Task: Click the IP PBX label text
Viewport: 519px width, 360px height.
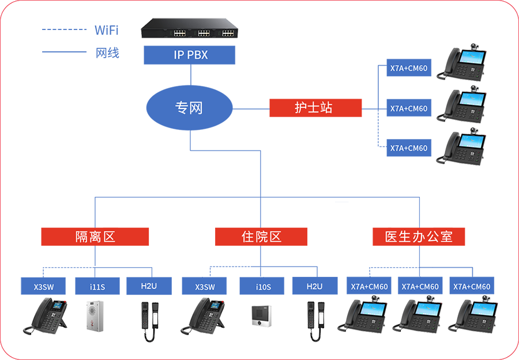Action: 190,56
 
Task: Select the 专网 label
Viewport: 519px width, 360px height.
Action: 189,108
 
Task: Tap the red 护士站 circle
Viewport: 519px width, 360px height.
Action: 313,108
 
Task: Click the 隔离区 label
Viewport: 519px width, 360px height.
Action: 96,237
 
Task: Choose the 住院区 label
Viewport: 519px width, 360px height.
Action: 261,237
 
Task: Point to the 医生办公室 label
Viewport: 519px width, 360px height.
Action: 419,237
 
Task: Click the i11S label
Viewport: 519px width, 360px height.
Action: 97,287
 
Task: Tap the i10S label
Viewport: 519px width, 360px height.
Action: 264,287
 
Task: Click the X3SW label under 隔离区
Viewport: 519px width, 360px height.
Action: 43,287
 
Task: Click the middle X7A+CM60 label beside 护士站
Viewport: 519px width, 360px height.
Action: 408,108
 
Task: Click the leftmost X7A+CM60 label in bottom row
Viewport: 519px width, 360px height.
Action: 370,287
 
